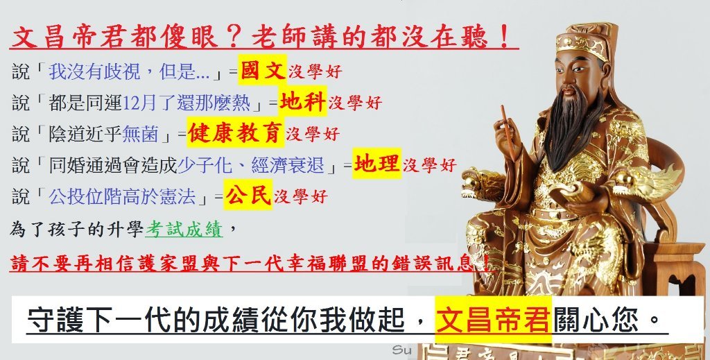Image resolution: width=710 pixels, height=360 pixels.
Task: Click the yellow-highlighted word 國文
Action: click(263, 71)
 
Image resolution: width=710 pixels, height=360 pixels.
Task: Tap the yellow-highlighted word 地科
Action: click(302, 101)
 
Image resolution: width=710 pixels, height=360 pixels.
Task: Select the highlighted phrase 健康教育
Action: click(236, 132)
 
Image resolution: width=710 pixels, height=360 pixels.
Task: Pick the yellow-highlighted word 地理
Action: click(376, 164)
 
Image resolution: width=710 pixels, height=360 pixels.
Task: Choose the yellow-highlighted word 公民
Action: click(248, 195)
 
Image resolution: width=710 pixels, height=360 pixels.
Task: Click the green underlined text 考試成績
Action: click(184, 230)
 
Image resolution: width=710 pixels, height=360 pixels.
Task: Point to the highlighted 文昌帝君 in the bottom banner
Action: click(493, 319)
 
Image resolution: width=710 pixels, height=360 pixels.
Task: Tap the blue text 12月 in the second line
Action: click(133, 103)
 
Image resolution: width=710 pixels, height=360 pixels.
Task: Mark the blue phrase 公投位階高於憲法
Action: click(122, 197)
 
